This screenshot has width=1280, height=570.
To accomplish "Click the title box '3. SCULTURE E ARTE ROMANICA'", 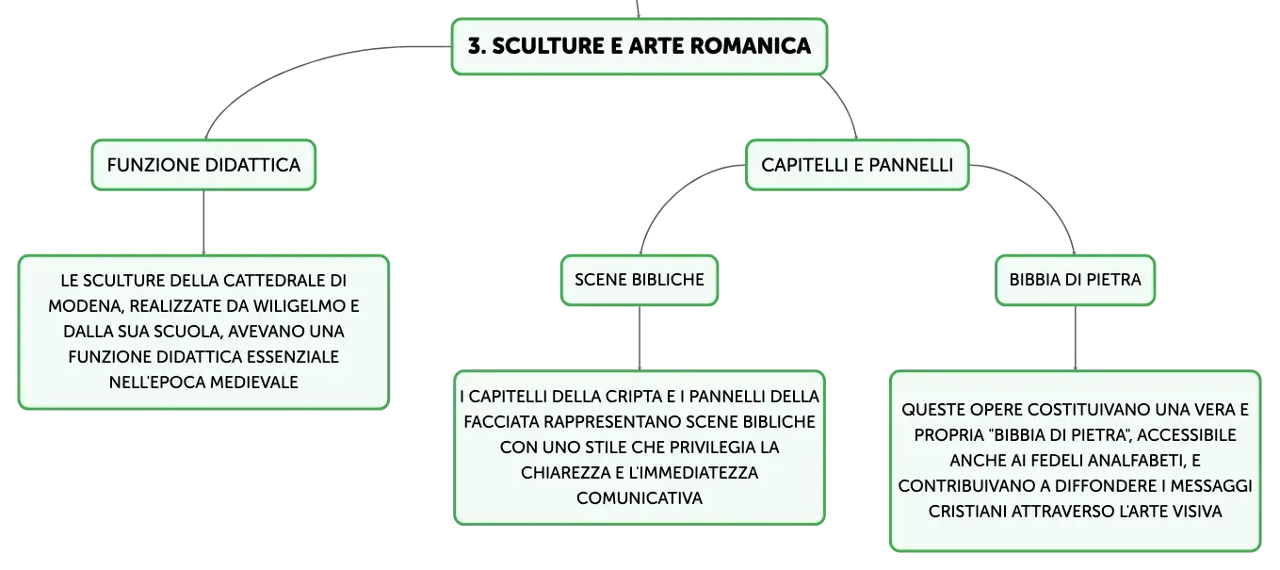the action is [639, 46].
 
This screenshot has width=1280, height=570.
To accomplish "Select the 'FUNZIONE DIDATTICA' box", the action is [203, 165].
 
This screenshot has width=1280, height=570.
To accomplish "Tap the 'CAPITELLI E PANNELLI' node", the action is [857, 165].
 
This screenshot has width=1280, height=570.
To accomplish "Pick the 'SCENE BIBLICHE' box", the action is [640, 280].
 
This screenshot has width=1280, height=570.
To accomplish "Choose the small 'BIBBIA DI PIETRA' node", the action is [1075, 280].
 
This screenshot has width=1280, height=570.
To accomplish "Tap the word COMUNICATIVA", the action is [640, 498].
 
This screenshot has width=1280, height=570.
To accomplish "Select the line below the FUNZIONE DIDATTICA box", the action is [203, 222].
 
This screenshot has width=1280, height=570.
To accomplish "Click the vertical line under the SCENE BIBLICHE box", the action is [640, 338].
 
